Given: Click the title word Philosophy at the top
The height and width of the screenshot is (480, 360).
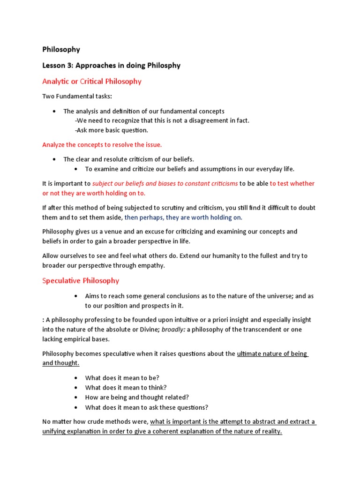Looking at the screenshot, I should (x=61, y=49).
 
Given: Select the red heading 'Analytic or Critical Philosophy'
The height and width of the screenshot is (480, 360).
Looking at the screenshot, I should (x=92, y=81).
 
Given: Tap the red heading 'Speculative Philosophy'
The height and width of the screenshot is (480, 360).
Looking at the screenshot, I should (x=81, y=280).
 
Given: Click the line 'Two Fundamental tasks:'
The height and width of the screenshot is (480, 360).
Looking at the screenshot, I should (x=77, y=96).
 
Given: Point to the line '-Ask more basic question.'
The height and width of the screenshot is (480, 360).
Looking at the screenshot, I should (x=111, y=130).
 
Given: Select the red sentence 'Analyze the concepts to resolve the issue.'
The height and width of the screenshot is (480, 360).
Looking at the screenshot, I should (x=102, y=144).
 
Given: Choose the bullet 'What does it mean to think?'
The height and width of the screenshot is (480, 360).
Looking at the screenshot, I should (x=126, y=387).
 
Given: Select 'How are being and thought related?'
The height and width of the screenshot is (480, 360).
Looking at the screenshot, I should (x=137, y=397).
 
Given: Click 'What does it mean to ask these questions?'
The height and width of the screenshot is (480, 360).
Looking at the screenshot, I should (x=147, y=407).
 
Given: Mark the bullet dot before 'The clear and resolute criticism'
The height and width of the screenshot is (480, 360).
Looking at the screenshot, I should (x=55, y=159).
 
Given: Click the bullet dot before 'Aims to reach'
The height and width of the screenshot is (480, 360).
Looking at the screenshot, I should (x=76, y=296).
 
